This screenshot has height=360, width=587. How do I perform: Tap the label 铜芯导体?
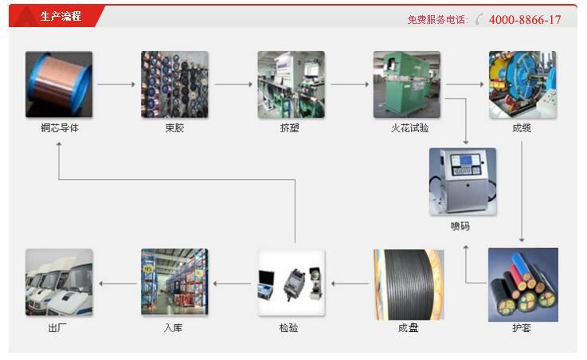click(59, 128)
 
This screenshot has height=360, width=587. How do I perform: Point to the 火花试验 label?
click(406, 128)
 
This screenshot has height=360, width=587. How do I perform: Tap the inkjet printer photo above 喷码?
click(462, 182)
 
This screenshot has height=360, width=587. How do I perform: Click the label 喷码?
click(462, 227)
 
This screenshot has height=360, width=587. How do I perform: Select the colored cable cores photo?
click(522, 284)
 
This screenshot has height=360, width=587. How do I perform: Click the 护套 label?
click(522, 327)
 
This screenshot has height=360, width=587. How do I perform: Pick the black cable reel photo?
click(406, 284)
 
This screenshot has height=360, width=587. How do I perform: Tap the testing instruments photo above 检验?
click(291, 284)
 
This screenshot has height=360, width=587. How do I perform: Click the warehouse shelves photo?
click(174, 284)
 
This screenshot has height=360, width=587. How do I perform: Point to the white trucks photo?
click(58, 284)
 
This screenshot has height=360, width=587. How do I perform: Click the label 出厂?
click(59, 327)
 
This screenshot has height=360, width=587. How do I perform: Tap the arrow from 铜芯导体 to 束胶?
click(116, 84)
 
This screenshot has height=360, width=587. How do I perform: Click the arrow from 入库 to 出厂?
click(116, 283)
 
